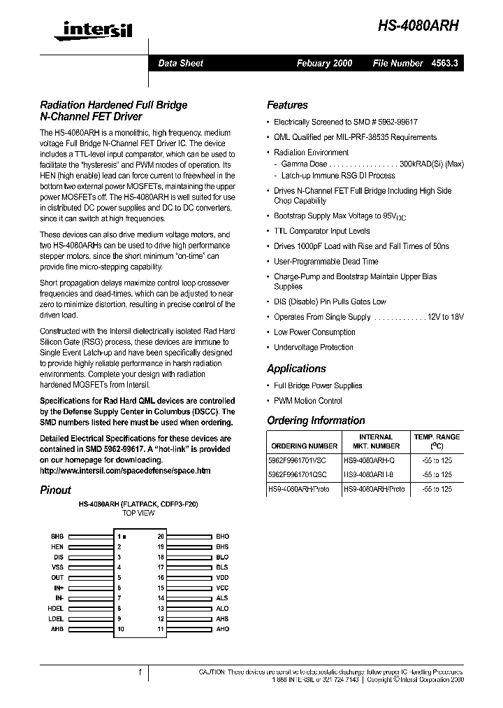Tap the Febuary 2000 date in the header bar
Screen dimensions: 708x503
pos(324,63)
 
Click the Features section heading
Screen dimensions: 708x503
pos(287,105)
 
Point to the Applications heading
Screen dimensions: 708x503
pos(296,369)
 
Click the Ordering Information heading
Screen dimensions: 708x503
pos(316,420)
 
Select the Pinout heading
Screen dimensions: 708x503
pos(55,490)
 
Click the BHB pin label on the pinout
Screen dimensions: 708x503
pos(57,537)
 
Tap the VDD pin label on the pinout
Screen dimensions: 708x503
pos(222,578)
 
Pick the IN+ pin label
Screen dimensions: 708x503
pos(59,588)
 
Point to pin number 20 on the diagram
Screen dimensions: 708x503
pos(161,537)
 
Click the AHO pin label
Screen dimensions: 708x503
pos(222,630)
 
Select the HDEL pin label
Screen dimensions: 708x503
pos(57,609)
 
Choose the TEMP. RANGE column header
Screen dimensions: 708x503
pos(437,437)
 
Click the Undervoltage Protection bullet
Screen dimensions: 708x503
pos(313,347)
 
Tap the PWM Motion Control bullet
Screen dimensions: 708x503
pos(307,401)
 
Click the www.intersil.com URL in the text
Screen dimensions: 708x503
pos(125,471)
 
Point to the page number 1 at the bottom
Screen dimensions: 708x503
pos(140,672)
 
